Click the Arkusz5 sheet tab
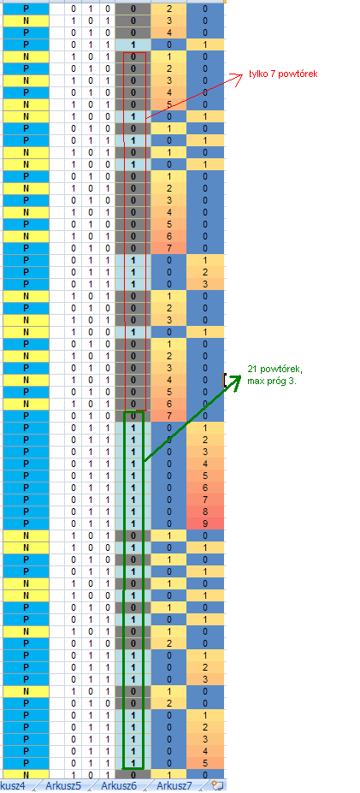(x=63, y=785)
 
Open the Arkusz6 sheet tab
(x=119, y=785)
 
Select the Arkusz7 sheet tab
(x=174, y=785)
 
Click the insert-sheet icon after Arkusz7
(x=218, y=785)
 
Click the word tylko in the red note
(x=257, y=74)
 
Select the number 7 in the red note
(x=272, y=74)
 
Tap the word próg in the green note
(x=277, y=381)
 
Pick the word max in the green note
(x=256, y=381)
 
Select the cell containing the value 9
(x=204, y=524)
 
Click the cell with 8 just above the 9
(x=204, y=512)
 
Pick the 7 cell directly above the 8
(x=204, y=500)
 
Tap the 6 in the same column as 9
(x=204, y=488)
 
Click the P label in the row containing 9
(x=26, y=524)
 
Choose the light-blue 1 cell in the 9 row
(x=133, y=524)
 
